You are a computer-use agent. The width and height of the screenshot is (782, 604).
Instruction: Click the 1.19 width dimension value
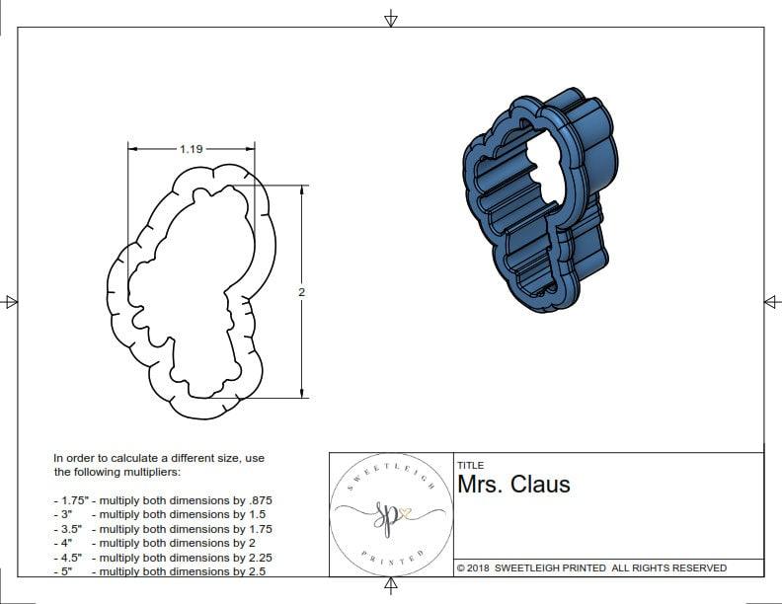pos(191,149)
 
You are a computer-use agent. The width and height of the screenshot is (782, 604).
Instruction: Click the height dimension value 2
pos(301,292)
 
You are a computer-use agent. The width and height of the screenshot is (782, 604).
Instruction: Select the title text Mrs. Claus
pos(513,485)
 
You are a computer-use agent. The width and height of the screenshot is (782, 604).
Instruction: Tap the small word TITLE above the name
pos(470,465)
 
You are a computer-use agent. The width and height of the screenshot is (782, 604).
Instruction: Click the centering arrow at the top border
pos(391,18)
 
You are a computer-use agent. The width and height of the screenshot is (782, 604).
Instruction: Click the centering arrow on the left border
pos(11,301)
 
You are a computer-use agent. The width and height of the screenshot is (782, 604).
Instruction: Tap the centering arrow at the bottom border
pos(391,586)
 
